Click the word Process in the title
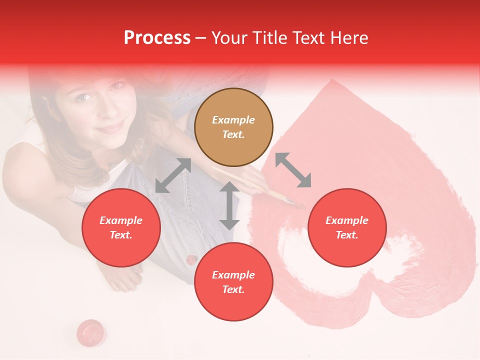coord(157,38)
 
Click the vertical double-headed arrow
coord(229,205)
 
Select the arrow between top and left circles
coord(173,175)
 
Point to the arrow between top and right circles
coord(293,170)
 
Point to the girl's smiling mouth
coord(111,127)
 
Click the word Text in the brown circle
coord(233,134)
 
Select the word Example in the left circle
coord(121,220)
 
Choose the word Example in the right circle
coord(347,220)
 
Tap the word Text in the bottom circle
coord(233,289)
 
